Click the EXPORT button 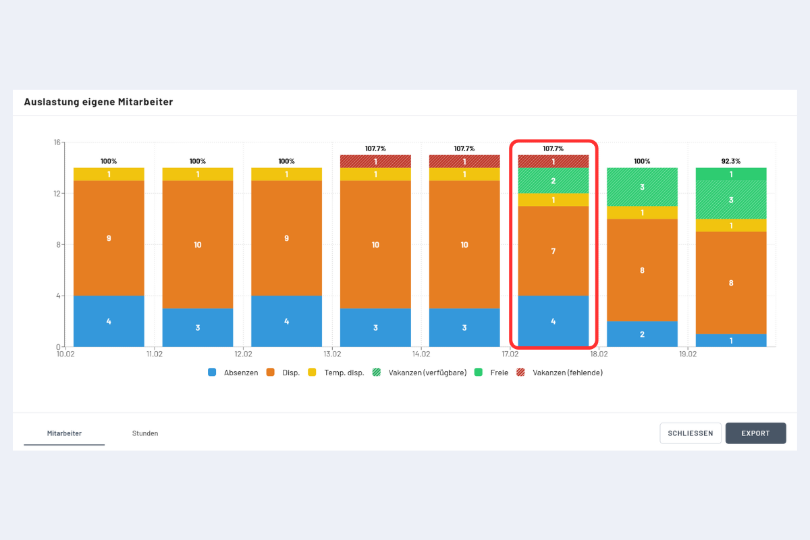point(755,433)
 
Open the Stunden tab point(145,433)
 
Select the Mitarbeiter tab point(64,433)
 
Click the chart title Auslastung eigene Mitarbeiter point(99,102)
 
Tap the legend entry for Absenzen point(234,373)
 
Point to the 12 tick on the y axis point(57,194)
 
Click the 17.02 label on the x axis point(510,354)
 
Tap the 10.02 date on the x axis point(65,354)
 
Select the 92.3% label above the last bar point(731,161)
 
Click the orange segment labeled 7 point(553,251)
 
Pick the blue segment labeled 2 point(642,334)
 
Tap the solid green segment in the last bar point(731,174)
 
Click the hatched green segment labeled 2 point(553,181)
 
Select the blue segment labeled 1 point(731,341)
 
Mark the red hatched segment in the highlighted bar point(553,162)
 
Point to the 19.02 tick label point(688,354)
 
